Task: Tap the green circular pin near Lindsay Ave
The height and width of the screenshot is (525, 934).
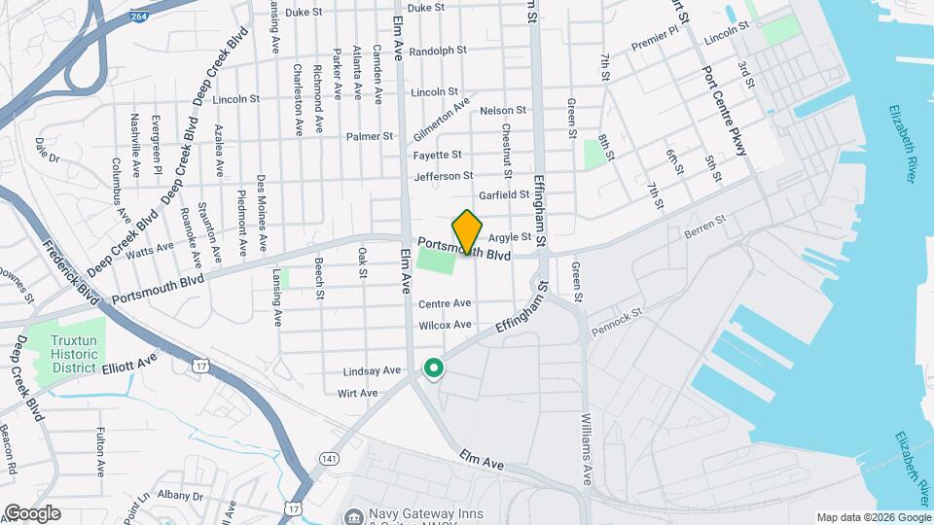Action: click(x=434, y=369)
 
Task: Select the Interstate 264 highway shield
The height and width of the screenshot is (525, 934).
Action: click(x=141, y=17)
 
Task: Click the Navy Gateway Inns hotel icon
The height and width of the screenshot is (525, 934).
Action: click(x=352, y=514)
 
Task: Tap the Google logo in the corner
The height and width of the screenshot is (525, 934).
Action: click(x=32, y=513)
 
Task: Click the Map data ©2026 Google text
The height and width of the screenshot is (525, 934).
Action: click(x=872, y=517)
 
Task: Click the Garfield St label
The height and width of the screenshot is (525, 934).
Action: click(x=505, y=195)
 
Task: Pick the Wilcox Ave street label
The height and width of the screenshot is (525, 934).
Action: click(x=445, y=325)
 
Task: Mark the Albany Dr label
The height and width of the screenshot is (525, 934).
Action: click(x=180, y=496)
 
